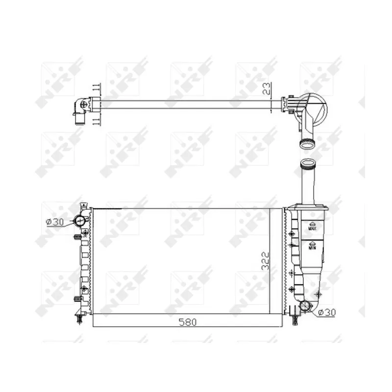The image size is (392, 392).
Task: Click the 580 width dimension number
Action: point(188,322)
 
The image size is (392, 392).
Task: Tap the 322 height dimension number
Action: point(266,261)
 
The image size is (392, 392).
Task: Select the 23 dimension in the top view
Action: point(267,89)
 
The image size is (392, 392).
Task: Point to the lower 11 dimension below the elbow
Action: point(96,122)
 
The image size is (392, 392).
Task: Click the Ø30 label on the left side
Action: point(55,222)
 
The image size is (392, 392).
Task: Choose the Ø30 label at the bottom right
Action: point(327,312)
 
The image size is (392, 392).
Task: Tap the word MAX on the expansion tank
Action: point(313,228)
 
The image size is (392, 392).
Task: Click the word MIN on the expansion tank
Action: point(312,247)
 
